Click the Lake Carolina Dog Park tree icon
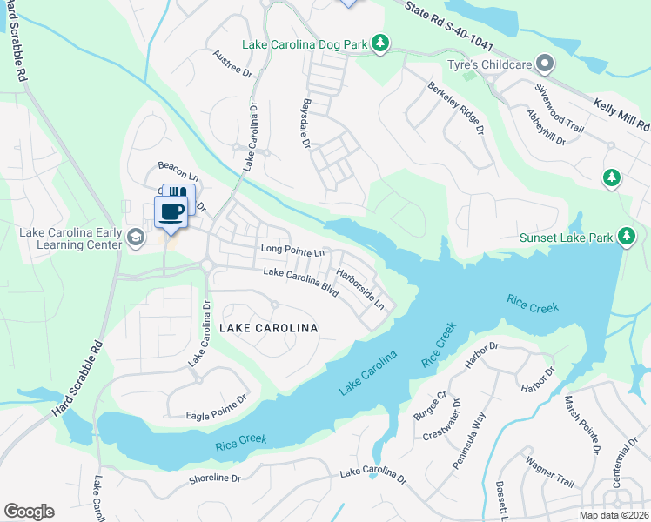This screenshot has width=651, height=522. [x=379, y=43]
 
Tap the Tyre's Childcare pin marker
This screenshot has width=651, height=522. [x=545, y=63]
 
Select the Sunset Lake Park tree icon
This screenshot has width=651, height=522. [x=626, y=237]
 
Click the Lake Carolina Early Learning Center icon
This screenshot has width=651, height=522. [x=135, y=237]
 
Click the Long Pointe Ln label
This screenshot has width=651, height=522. [x=292, y=251]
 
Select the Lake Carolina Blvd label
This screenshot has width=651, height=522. [x=300, y=283]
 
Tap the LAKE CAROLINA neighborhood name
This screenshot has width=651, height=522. [x=268, y=328]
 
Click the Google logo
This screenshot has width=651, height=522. [x=29, y=511]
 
